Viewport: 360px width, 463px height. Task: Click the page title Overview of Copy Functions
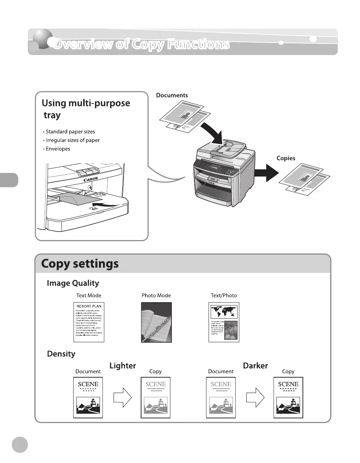(141, 44)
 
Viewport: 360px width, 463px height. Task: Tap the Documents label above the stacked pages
(172, 95)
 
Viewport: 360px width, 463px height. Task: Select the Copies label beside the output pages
(286, 158)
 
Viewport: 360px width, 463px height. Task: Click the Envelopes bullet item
(57, 149)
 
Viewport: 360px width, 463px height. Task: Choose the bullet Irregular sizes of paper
(72, 140)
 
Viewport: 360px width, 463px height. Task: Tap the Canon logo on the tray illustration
(91, 179)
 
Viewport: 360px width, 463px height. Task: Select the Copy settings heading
(80, 264)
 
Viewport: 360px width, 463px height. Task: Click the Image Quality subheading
(73, 283)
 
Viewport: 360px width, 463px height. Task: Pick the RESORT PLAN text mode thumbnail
(89, 322)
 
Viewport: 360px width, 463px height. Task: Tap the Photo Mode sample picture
(156, 322)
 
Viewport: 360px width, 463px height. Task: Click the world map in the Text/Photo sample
(224, 311)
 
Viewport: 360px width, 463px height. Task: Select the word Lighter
(122, 366)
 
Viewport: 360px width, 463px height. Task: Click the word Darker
(255, 366)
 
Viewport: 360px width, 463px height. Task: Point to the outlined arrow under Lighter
(122, 397)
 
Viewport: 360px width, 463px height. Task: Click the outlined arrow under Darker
(255, 397)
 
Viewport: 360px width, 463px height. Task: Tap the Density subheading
(61, 354)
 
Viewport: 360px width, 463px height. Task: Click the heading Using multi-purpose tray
(86, 109)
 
